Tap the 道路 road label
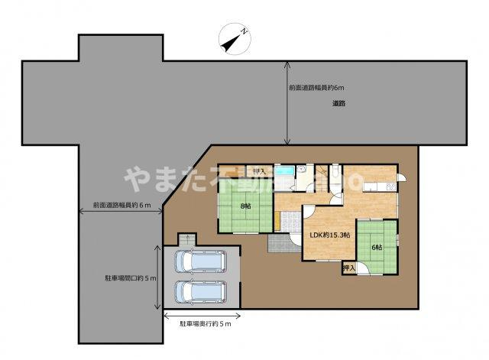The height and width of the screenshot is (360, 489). [338, 103]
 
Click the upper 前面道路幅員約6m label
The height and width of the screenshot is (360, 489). [315, 88]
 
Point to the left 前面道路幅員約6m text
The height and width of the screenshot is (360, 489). [122, 205]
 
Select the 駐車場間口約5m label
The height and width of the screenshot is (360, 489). [131, 278]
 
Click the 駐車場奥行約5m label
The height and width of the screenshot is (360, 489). [205, 324]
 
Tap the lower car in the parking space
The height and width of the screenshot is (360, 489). [198, 291]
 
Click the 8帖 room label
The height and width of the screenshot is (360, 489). [245, 205]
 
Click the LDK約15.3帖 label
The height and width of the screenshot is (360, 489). [329, 235]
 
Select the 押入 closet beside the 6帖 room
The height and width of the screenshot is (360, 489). [349, 268]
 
